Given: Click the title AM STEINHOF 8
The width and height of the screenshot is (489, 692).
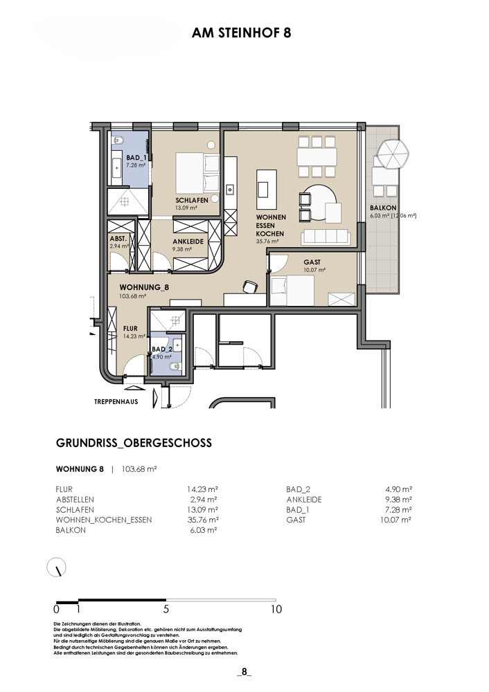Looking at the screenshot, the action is (241, 33).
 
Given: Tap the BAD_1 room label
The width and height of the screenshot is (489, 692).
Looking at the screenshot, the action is (136, 158).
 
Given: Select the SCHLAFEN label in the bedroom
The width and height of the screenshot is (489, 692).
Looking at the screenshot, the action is (192, 201).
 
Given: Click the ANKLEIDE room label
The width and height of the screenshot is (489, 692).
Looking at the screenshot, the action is (188, 242).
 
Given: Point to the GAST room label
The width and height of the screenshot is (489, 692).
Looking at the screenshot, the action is (312, 262).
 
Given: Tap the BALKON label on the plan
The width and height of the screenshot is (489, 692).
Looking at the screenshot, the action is (383, 208).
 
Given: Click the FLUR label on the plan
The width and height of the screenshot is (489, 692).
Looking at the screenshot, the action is (130, 328).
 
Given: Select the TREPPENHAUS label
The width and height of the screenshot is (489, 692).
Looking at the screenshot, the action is (116, 401).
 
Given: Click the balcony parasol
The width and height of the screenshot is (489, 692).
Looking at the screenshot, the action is (392, 154).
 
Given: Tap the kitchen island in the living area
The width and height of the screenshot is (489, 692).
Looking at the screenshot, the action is (267, 190).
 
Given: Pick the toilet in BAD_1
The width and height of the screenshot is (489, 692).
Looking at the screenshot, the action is (119, 140).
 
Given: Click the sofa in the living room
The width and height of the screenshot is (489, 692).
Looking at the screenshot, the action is (326, 237).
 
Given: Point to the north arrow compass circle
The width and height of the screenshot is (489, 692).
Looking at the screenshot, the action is (57, 567).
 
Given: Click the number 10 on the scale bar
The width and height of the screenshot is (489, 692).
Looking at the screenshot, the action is (276, 610).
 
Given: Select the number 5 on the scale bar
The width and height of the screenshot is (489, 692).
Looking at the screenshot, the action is (166, 610).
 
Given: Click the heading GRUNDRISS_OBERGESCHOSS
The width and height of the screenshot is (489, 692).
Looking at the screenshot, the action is (134, 443).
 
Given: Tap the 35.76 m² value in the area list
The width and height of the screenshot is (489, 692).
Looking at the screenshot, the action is (203, 520).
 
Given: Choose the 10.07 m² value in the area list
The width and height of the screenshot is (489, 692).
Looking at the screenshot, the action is (395, 520).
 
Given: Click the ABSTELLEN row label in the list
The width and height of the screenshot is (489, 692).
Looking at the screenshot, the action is (75, 500).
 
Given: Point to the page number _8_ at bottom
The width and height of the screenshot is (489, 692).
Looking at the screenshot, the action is (244, 672).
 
